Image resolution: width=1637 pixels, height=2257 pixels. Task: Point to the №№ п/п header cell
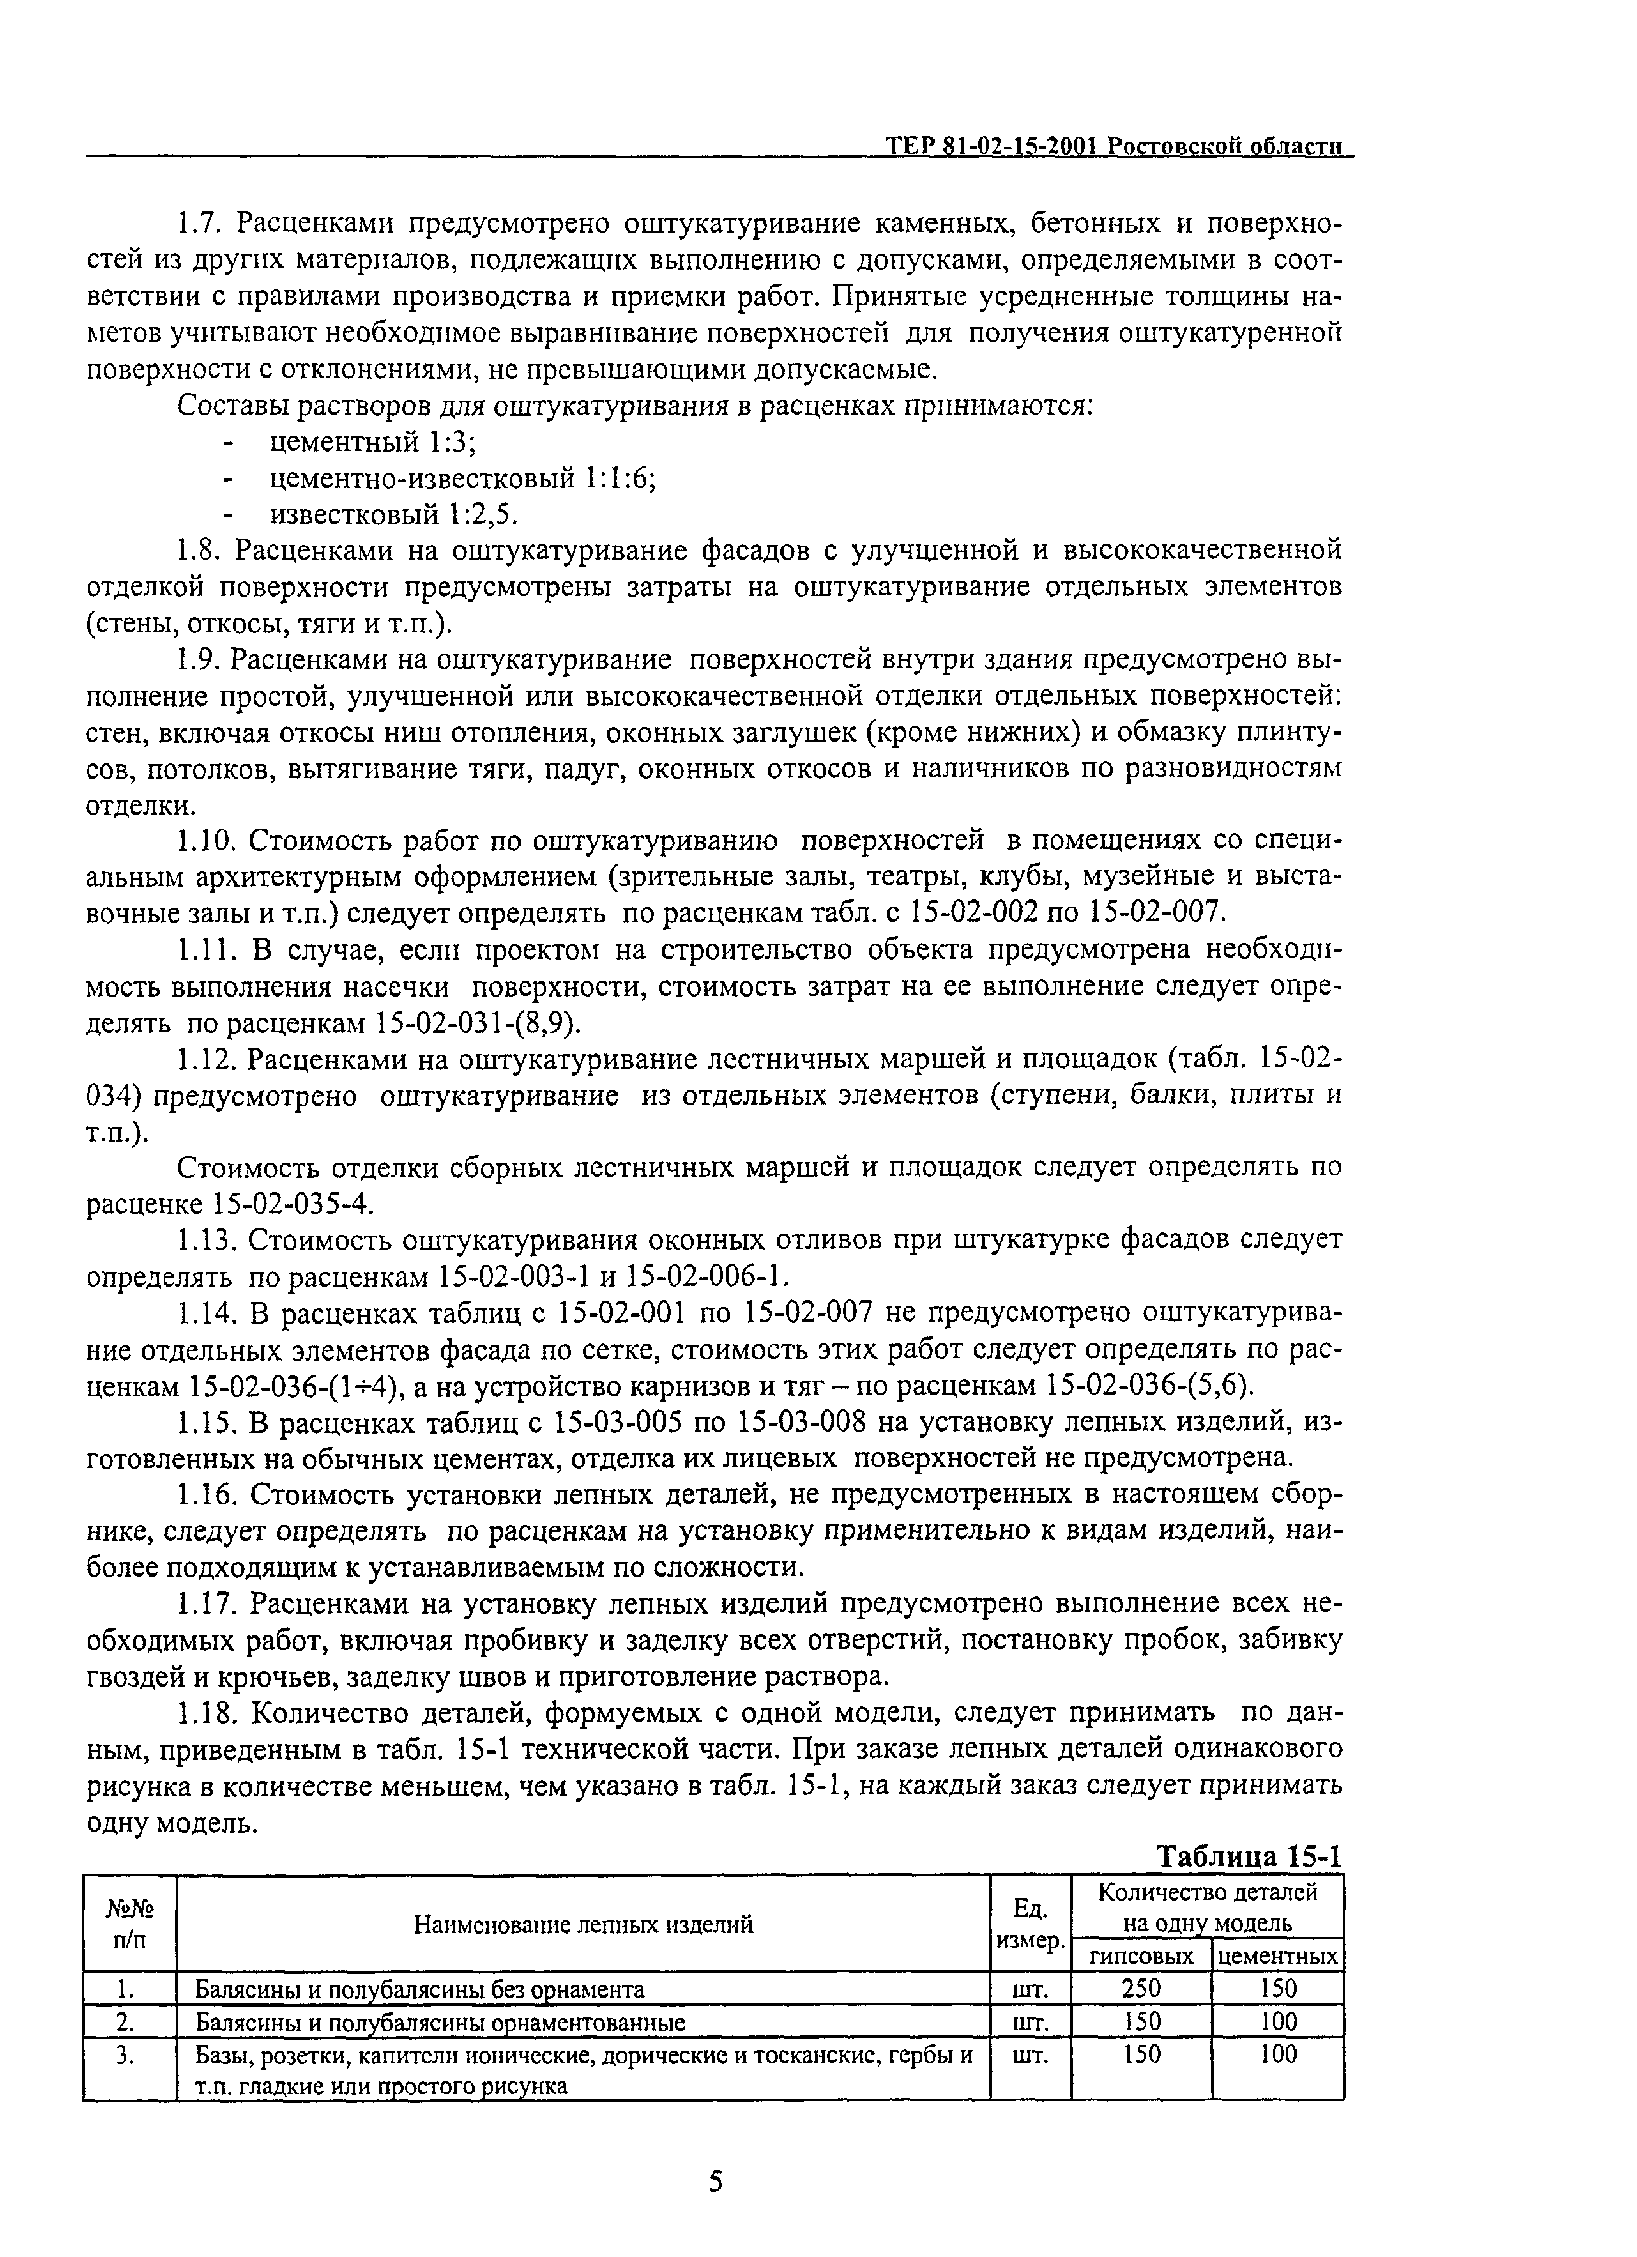[x=130, y=1925]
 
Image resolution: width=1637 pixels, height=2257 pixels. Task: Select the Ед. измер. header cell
[x=1030, y=1925]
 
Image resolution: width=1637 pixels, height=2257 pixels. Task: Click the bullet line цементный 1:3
[x=358, y=442]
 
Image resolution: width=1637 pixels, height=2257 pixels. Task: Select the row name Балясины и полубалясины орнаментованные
[x=440, y=2021]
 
